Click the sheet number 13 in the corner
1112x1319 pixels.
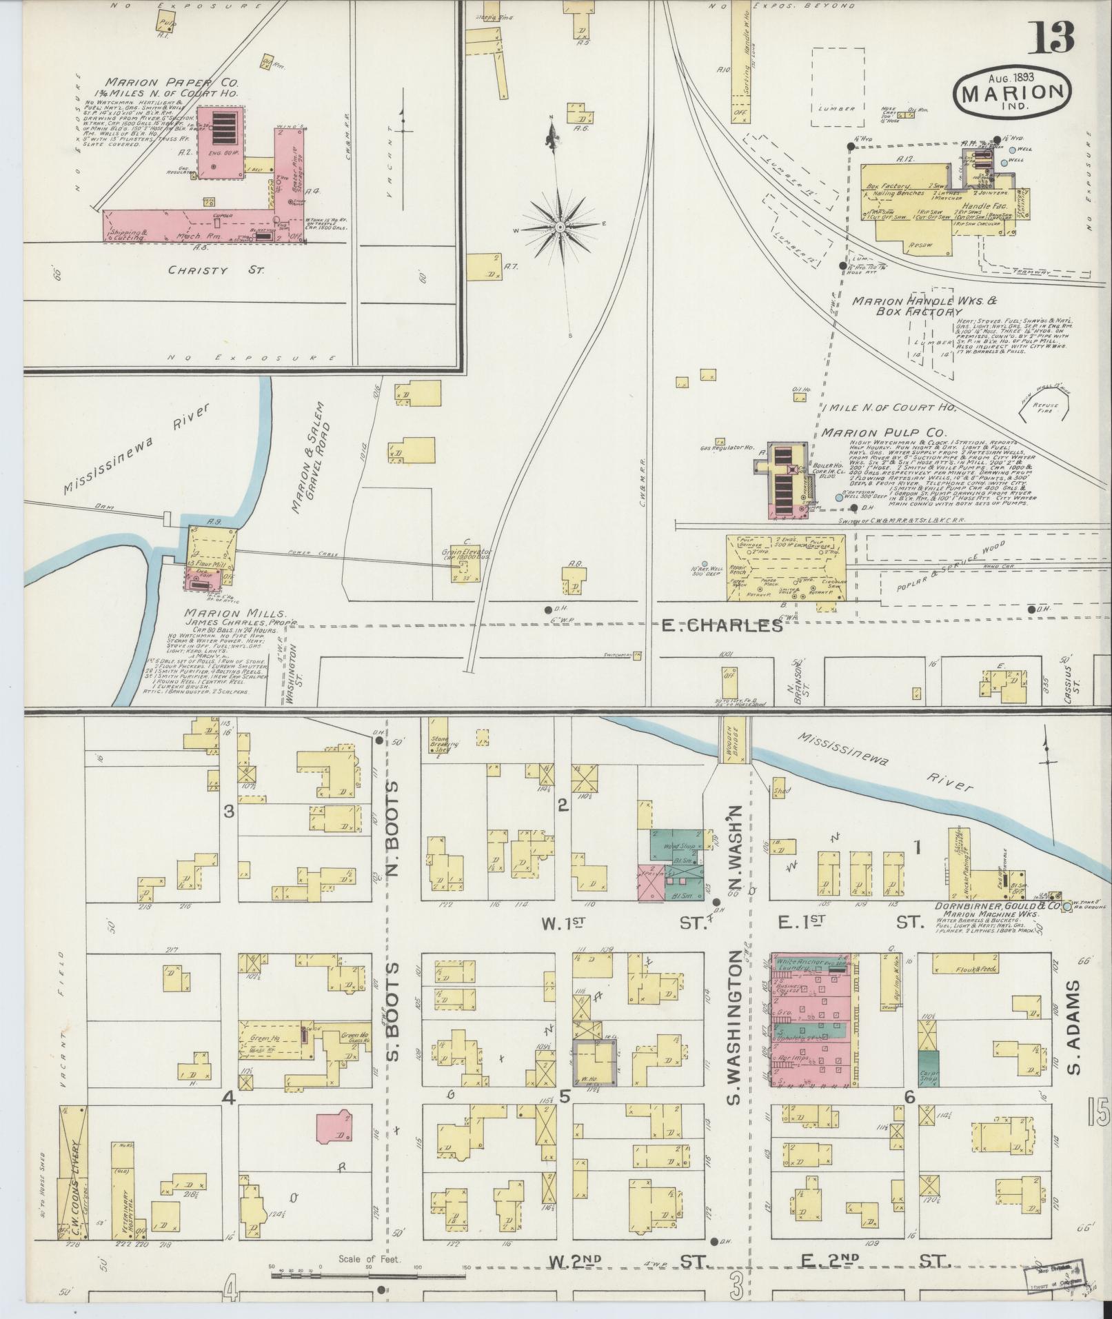click(x=1052, y=39)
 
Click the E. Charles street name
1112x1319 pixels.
click(x=722, y=626)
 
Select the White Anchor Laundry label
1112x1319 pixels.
click(x=800, y=964)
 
